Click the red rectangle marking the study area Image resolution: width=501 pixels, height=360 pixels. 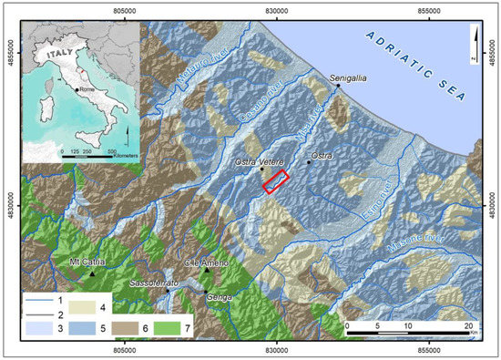coord(276,181)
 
